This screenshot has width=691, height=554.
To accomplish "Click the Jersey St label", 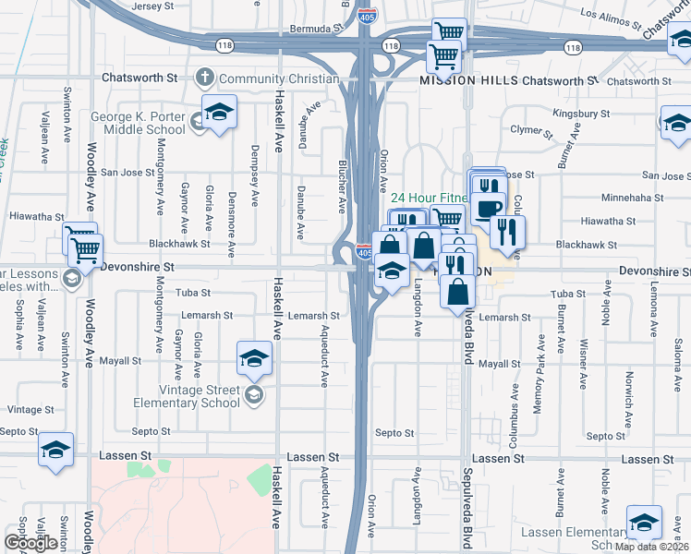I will [154, 6].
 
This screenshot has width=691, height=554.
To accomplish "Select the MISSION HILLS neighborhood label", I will [467, 80].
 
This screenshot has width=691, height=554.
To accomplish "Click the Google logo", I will [30, 543].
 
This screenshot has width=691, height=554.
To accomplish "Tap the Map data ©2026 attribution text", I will [652, 547].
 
